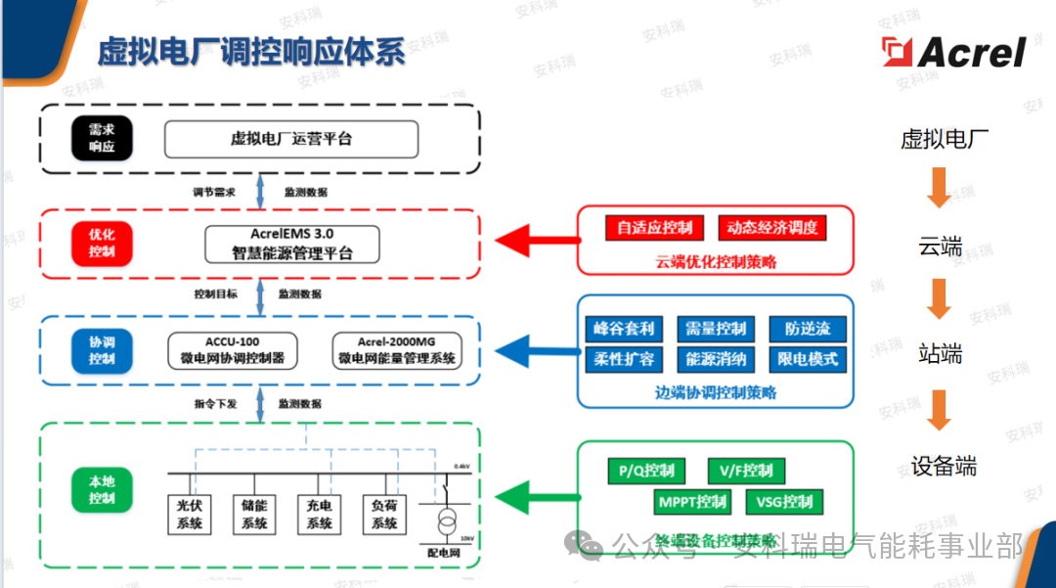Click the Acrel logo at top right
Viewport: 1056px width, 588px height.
(x=953, y=52)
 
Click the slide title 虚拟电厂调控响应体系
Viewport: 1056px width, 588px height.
(x=250, y=52)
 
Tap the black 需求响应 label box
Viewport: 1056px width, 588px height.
(x=102, y=138)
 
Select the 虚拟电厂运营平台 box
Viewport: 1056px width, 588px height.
(x=290, y=139)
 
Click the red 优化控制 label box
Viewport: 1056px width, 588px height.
(x=102, y=243)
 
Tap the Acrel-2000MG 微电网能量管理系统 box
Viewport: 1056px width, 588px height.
(x=396, y=350)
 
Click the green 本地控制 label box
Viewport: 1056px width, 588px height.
(x=102, y=490)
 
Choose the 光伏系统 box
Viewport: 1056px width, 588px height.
(x=190, y=515)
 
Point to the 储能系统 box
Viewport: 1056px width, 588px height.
(x=254, y=515)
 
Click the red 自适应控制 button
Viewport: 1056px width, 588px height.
(x=654, y=228)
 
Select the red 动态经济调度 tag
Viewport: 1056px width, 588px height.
(x=771, y=228)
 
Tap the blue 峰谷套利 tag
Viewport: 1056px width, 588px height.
(x=623, y=329)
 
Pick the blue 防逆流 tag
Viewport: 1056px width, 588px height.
(x=807, y=329)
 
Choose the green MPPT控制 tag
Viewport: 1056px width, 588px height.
(x=692, y=502)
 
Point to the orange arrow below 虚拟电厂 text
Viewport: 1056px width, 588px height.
(x=939, y=186)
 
